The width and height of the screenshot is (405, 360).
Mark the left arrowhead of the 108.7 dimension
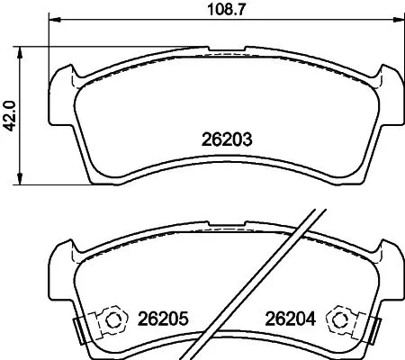(x=51, y=21)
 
